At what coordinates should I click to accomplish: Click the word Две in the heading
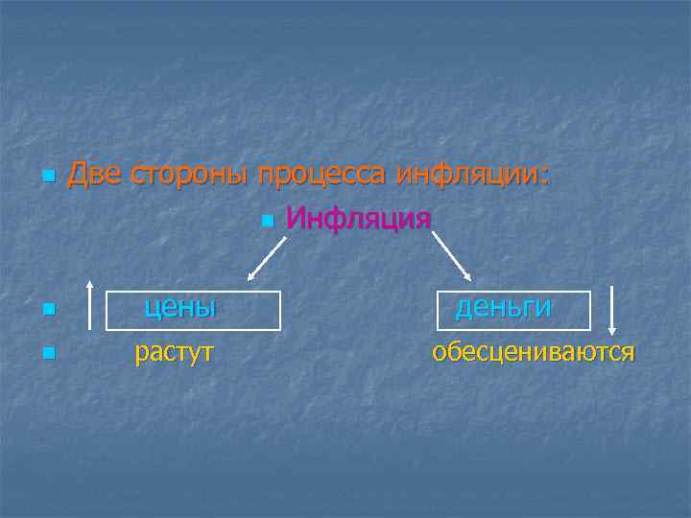(92, 175)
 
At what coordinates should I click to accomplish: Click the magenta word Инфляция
(358, 220)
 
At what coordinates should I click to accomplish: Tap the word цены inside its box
(179, 307)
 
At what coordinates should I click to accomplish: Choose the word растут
(174, 352)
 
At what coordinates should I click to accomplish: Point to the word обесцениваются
(533, 352)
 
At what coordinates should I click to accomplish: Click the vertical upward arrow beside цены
(89, 307)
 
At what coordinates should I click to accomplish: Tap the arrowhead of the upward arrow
(89, 284)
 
